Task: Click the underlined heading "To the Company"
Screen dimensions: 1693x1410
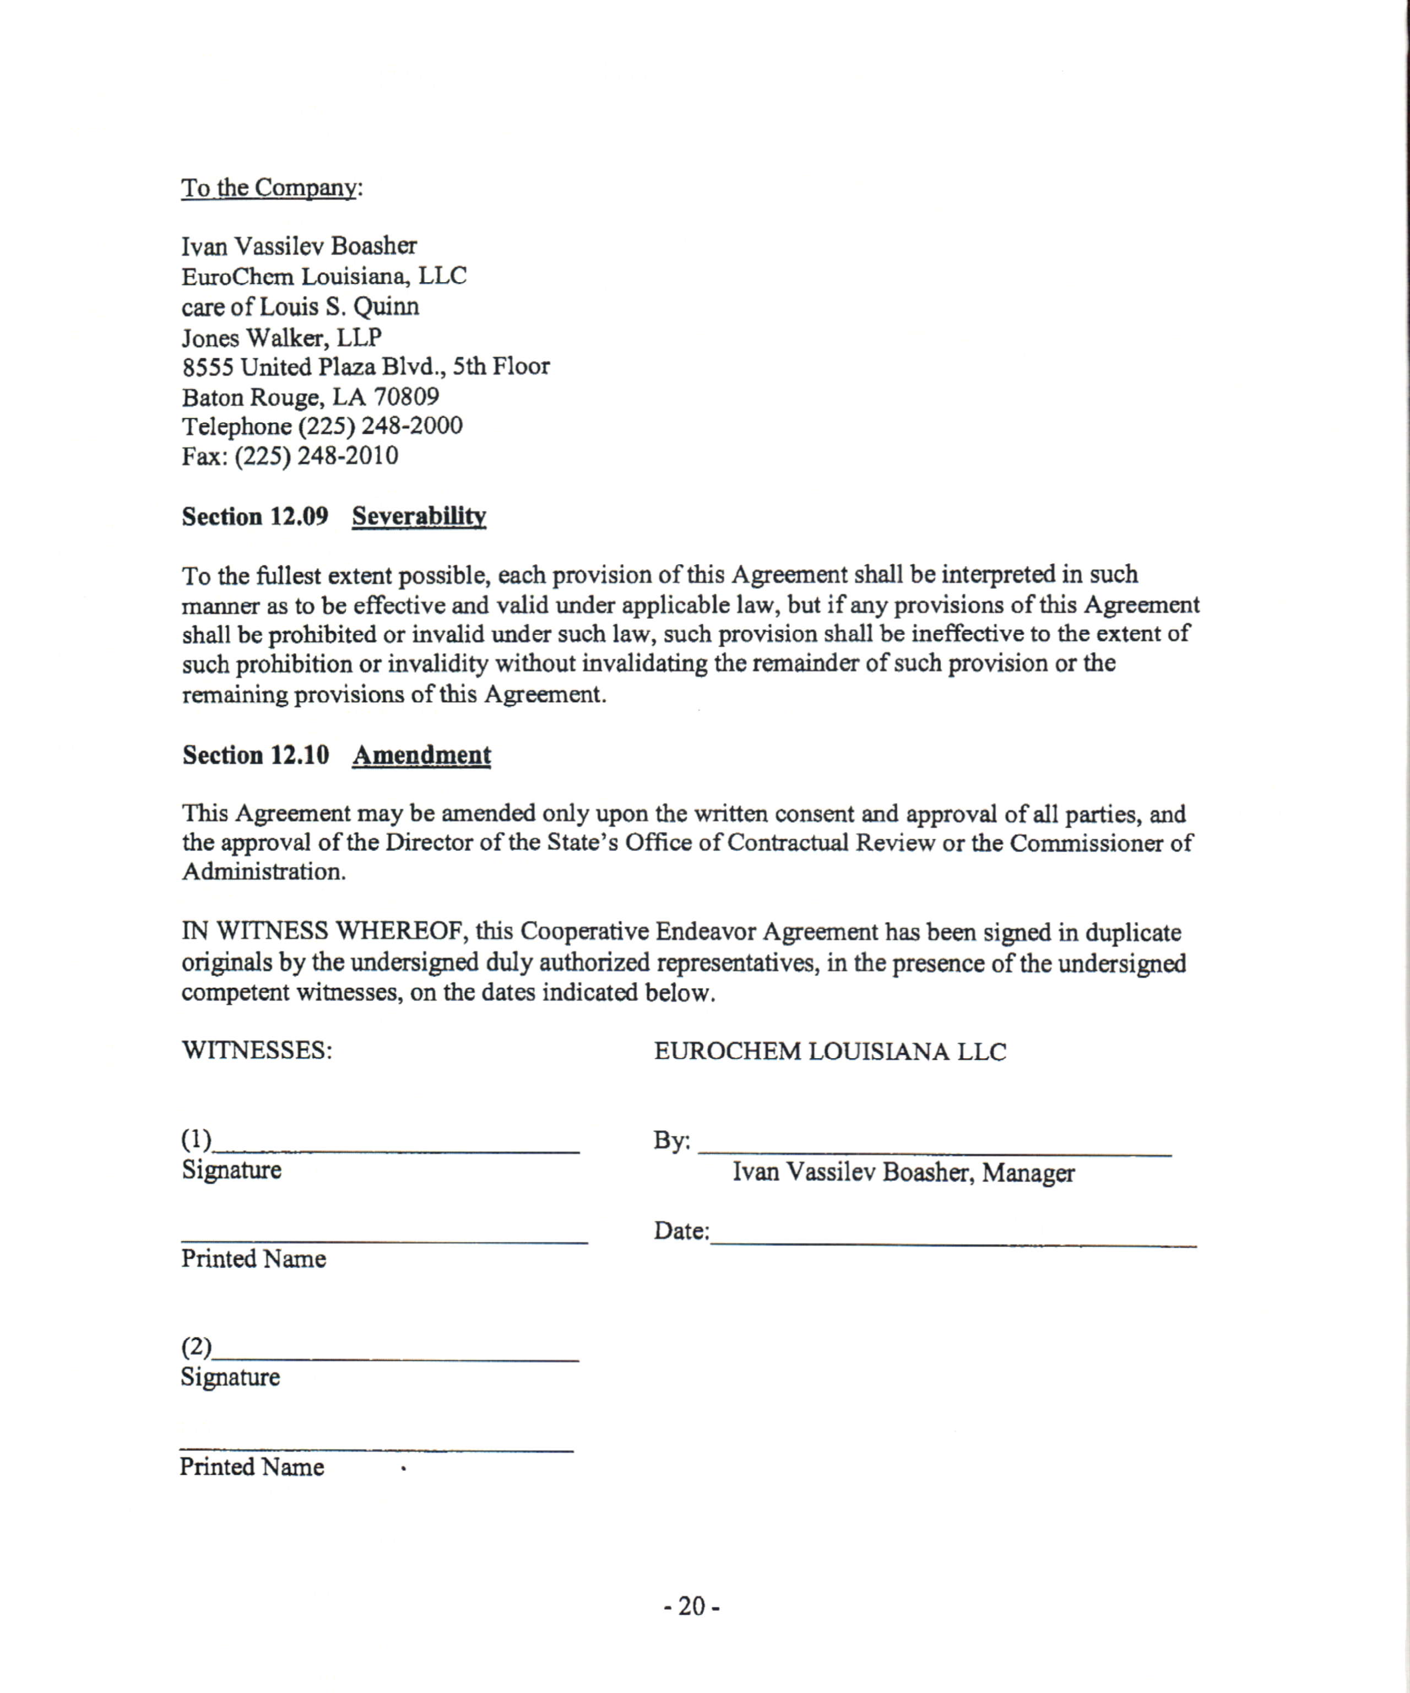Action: point(270,188)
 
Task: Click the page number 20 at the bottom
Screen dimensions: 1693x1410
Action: point(691,1606)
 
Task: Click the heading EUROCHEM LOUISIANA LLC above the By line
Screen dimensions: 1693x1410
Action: point(830,1052)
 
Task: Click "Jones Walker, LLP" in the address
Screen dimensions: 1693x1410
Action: point(281,337)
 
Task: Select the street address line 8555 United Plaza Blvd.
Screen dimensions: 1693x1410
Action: point(365,367)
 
